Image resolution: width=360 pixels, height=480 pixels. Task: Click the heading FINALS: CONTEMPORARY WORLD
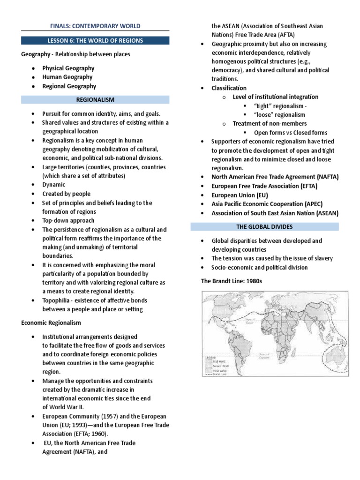(95, 25)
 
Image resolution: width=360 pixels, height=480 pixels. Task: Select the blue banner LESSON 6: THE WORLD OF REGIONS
(95, 40)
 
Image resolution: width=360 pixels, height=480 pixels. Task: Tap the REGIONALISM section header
(95, 99)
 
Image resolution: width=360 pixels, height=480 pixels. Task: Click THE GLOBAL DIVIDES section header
(264, 227)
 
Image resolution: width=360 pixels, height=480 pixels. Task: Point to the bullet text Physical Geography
(68, 68)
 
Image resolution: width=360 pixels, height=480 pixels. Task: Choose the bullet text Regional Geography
(69, 86)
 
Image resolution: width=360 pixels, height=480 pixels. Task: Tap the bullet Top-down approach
(68, 220)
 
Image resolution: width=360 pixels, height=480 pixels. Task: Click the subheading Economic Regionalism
(51, 323)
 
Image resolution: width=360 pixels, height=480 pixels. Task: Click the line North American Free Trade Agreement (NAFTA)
(275, 177)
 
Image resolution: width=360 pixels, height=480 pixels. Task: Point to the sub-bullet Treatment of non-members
(270, 124)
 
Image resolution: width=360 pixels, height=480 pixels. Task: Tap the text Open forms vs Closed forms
(290, 133)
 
